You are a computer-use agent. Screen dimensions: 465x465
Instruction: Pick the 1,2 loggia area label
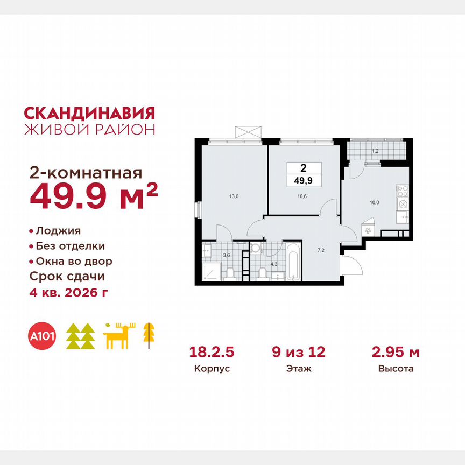pyautogui.click(x=376, y=152)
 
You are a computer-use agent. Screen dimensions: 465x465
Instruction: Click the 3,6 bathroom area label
pyautogui.click(x=227, y=255)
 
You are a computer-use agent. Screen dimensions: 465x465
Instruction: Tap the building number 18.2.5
pyautogui.click(x=212, y=353)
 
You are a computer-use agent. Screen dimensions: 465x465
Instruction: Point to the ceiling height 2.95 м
pyautogui.click(x=396, y=353)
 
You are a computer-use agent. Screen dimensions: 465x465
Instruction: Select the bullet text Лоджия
pyautogui.click(x=58, y=231)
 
